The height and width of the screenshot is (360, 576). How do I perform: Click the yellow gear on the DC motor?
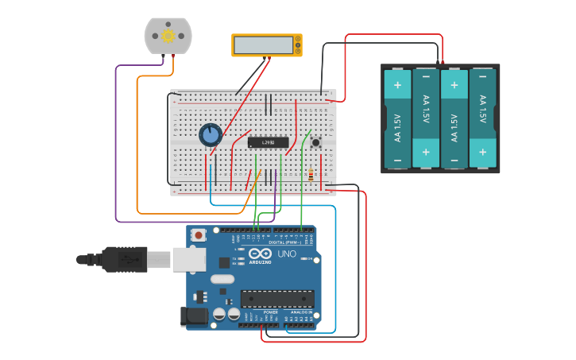[168, 36]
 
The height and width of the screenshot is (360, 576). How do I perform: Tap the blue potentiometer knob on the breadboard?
[211, 135]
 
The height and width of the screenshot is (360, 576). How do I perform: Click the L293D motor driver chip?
[268, 143]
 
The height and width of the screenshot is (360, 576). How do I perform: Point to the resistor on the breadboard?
[310, 176]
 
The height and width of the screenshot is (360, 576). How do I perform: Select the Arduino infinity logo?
[260, 254]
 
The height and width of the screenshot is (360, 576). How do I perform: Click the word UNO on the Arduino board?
[286, 254]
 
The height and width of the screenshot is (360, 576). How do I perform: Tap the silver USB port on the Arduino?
[189, 259]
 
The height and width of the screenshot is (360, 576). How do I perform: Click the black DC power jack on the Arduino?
[193, 316]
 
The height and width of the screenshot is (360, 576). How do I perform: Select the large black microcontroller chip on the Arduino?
[277, 299]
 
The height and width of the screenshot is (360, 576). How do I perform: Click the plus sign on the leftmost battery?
[397, 83]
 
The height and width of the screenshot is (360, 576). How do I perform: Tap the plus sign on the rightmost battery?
[481, 151]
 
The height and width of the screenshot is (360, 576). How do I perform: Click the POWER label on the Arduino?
[270, 312]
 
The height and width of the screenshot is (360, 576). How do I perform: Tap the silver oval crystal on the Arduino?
[222, 279]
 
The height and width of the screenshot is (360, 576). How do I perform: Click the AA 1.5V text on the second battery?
[426, 109]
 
